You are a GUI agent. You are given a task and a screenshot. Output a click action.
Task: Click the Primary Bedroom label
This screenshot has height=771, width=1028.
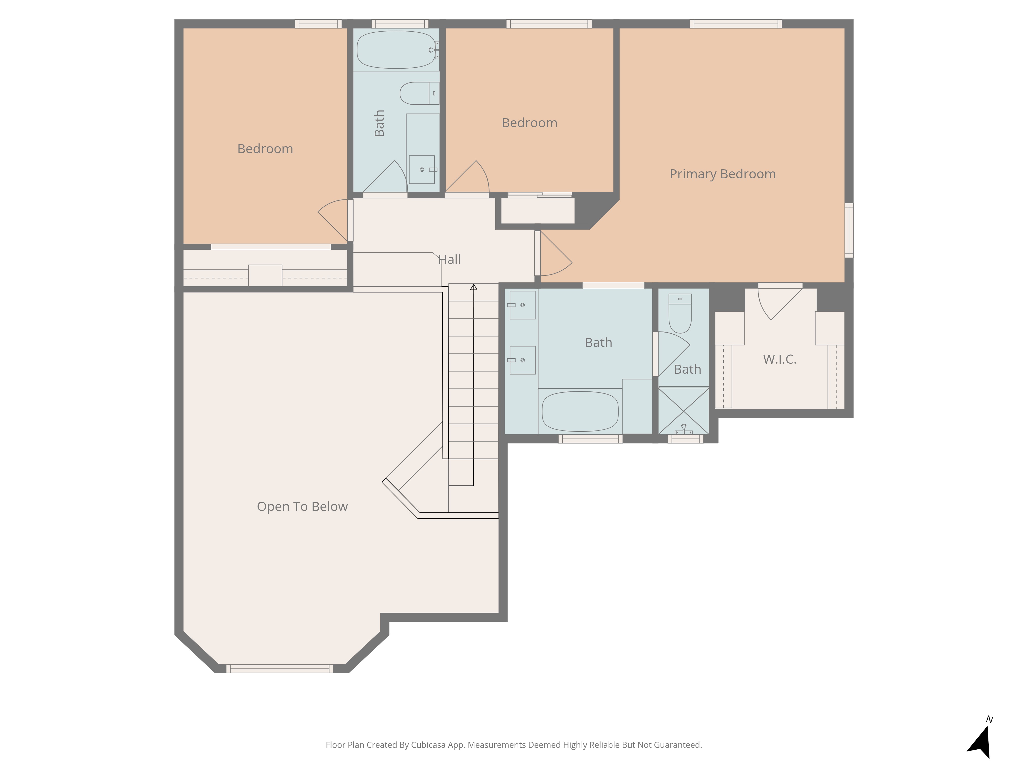click(x=723, y=174)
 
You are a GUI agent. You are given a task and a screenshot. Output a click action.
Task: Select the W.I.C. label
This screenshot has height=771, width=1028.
click(x=780, y=359)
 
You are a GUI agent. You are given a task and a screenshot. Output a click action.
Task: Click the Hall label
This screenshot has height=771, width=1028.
click(x=449, y=259)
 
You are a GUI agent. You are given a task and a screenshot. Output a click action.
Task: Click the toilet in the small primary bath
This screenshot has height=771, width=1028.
click(x=680, y=313)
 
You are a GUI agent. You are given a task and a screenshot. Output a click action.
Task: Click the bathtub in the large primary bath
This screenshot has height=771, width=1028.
click(x=580, y=411)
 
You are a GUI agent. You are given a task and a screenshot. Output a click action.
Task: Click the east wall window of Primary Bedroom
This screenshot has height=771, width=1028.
click(x=849, y=230)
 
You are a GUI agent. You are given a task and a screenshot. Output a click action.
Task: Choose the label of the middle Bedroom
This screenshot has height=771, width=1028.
click(x=529, y=123)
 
